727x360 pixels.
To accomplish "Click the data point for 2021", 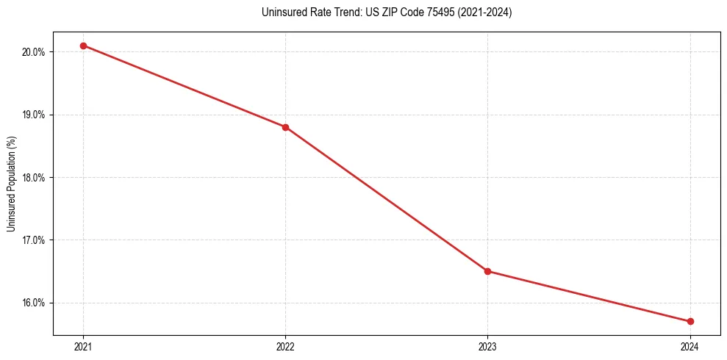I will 83,46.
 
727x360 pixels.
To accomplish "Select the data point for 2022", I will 285,127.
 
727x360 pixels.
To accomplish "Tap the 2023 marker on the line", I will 487,271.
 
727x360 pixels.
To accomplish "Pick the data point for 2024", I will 690,321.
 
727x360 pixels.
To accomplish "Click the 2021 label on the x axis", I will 83,346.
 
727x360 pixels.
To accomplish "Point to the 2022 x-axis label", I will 285,346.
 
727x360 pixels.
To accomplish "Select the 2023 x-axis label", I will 487,346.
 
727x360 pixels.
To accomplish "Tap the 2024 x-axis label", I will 690,346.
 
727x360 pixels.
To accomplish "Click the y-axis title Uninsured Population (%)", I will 12,183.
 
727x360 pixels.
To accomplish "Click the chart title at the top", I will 387,12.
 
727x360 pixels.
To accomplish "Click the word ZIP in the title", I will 387,12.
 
